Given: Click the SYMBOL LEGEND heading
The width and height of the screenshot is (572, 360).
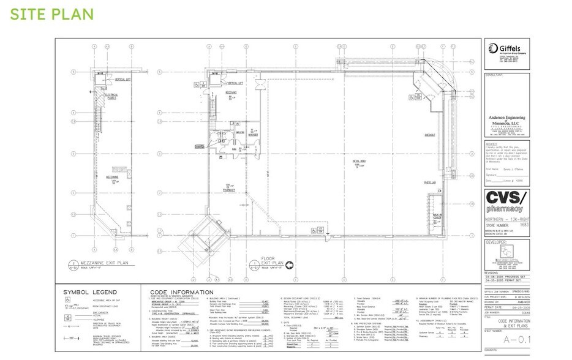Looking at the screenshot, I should (89, 293).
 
